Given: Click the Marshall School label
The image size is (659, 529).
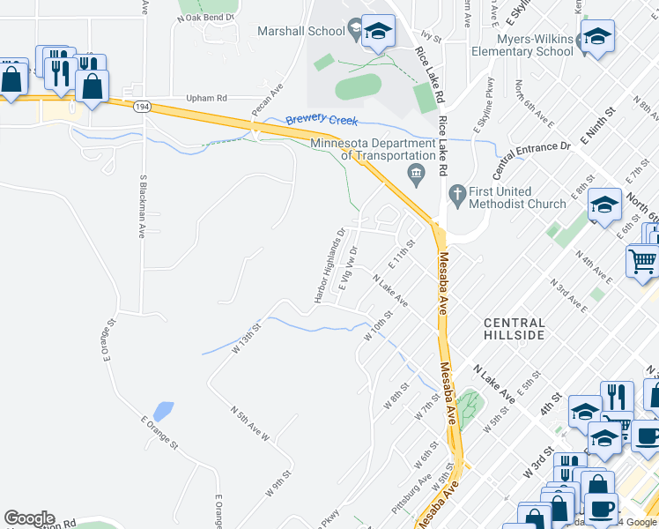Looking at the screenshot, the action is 300,31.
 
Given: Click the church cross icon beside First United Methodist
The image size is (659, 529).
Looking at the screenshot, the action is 457,192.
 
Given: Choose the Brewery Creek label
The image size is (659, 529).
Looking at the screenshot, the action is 319,119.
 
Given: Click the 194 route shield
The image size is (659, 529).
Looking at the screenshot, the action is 141,106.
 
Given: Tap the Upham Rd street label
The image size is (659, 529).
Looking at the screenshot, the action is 206,99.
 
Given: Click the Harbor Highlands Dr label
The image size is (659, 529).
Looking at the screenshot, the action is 328,265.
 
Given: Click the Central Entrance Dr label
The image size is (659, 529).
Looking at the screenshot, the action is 531,154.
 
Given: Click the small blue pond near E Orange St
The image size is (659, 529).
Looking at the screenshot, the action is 163,411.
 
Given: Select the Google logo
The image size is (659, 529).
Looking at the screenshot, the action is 29,518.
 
